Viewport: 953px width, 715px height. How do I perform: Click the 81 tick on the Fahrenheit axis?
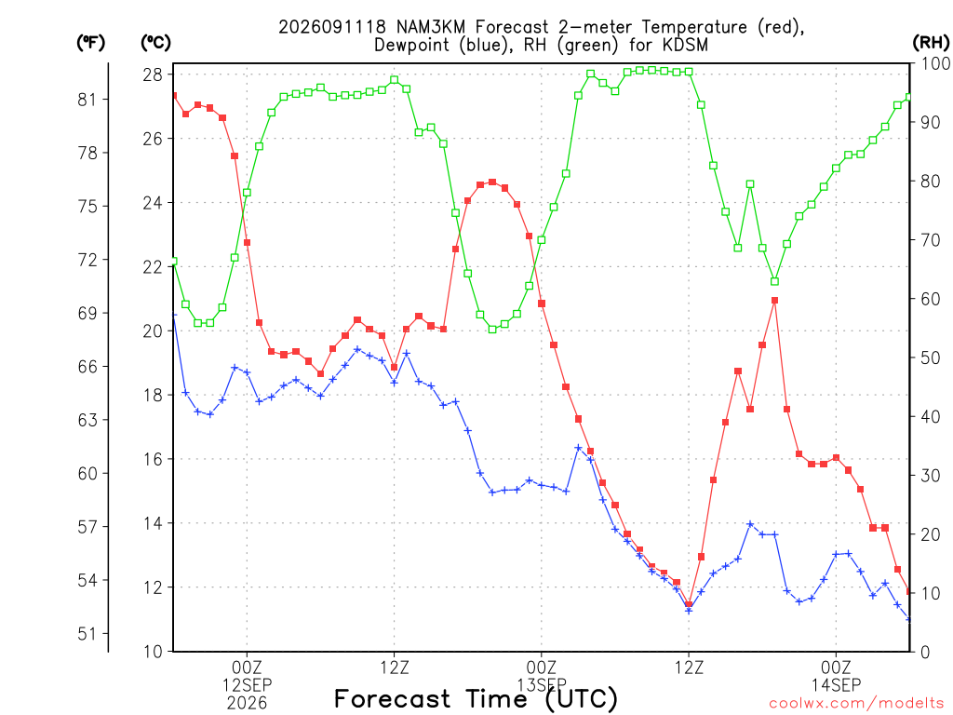[87, 99]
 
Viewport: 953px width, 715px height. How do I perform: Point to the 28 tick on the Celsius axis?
[153, 74]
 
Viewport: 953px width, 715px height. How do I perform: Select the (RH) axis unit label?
[931, 42]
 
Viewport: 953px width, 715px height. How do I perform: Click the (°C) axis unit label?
[155, 42]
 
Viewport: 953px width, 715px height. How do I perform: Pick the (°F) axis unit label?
[90, 42]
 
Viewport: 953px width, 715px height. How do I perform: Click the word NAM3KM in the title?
[431, 27]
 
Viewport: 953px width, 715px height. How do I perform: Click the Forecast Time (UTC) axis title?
[476, 698]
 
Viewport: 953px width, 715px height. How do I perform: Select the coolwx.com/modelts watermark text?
[856, 703]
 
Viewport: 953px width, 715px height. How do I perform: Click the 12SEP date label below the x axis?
[247, 685]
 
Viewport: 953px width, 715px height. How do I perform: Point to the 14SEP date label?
[837, 685]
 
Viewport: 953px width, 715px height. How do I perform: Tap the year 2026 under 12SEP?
[247, 704]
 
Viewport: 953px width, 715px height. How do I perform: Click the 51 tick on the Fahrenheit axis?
[87, 633]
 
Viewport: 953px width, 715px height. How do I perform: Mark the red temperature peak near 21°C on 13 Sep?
[774, 301]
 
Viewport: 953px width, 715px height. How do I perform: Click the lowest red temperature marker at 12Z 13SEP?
[689, 604]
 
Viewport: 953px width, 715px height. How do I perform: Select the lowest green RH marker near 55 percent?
[492, 329]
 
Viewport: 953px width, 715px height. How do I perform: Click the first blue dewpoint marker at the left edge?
[174, 316]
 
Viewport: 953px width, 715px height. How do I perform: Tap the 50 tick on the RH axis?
[931, 357]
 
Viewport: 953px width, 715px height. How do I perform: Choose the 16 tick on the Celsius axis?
[153, 459]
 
